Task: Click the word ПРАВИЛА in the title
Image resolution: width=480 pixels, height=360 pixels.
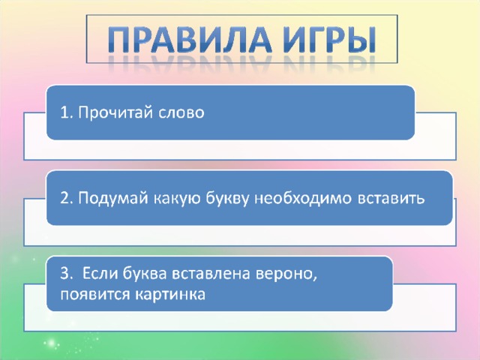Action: (x=190, y=40)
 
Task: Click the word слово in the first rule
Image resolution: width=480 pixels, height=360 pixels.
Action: (x=181, y=113)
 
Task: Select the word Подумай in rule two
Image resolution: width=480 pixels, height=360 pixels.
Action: (x=112, y=199)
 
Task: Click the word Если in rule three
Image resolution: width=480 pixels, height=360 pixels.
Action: (x=100, y=273)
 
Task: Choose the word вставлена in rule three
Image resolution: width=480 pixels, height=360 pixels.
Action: (x=211, y=273)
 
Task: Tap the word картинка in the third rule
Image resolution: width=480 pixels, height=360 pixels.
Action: (x=169, y=295)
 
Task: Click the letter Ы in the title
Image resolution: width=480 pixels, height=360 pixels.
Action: (x=362, y=40)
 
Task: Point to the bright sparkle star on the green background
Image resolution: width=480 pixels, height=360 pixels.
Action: (x=52, y=342)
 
